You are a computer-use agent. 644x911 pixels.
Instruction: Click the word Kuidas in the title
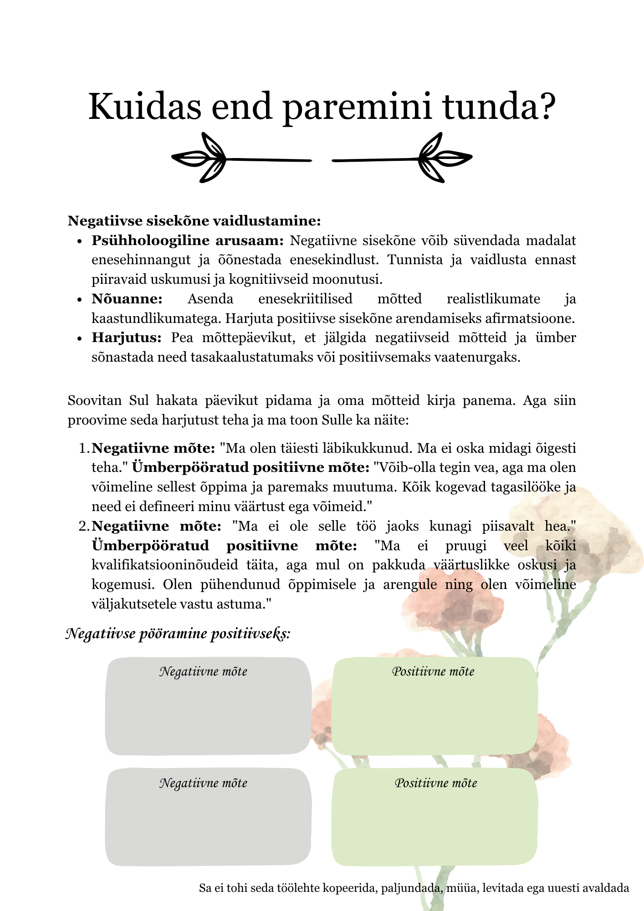145,107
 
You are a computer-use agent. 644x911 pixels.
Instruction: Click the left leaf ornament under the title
200,158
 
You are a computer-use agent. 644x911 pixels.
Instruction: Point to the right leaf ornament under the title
444,158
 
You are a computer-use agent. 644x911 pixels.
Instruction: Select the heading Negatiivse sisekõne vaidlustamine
194,221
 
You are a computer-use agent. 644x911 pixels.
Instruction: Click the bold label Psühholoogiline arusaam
188,241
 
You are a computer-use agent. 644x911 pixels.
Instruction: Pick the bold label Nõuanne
127,299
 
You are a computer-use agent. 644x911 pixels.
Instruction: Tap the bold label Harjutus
127,338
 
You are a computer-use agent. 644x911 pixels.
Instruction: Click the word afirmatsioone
531,318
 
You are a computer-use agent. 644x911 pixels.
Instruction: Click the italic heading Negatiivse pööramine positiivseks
178,634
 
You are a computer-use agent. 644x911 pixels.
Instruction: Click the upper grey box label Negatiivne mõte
203,671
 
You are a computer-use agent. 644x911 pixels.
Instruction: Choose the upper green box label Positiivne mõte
433,671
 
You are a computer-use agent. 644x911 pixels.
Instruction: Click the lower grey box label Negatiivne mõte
203,783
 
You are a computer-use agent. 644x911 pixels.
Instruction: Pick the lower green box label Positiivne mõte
436,783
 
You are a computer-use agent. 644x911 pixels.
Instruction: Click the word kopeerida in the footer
350,888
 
